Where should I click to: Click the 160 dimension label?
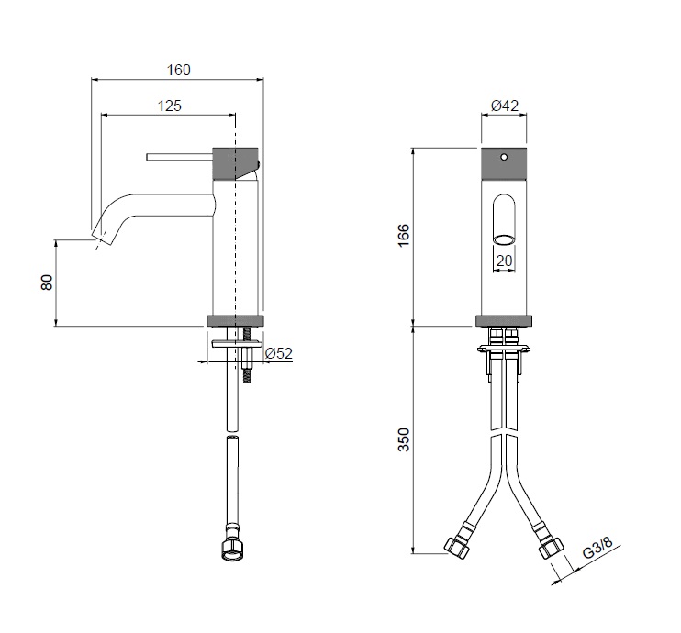[178, 70]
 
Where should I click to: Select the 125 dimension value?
[169, 105]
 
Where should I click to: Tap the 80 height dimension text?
[47, 283]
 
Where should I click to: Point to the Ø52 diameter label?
[279, 353]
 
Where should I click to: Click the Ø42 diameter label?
[505, 105]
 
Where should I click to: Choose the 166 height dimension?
[404, 235]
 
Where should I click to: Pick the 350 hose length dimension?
[404, 439]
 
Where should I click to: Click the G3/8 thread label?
[597, 548]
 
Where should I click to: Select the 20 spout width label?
[504, 261]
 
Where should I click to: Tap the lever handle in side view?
[179, 157]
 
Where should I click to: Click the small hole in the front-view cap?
[504, 156]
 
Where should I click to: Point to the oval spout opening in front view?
[504, 239]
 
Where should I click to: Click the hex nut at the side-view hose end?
[231, 550]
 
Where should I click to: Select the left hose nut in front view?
[457, 547]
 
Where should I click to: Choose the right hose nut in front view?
[551, 547]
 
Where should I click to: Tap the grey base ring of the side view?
[236, 320]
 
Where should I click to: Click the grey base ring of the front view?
[504, 321]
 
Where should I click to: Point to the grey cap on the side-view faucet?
[235, 163]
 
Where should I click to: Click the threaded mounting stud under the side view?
[248, 355]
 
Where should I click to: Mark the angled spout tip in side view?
[103, 237]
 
